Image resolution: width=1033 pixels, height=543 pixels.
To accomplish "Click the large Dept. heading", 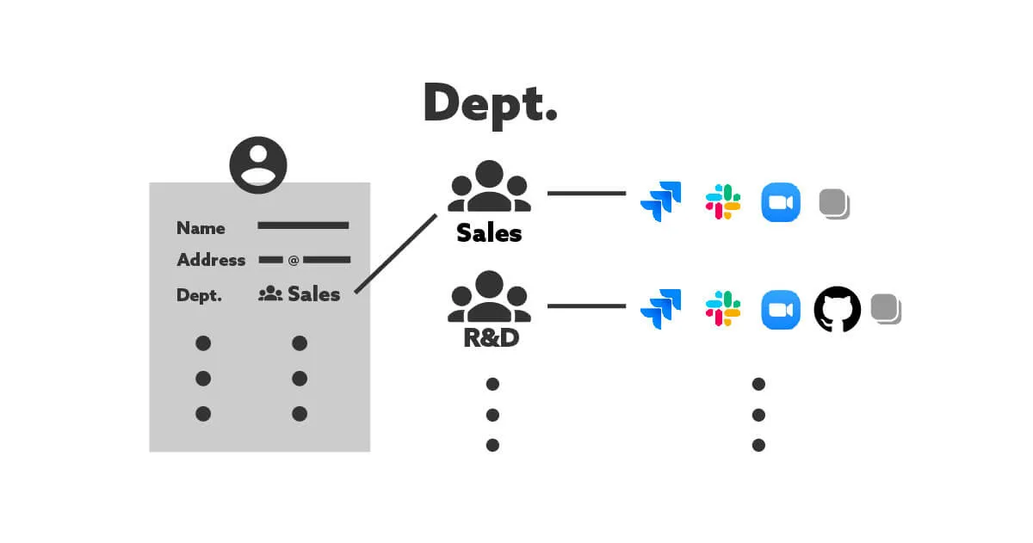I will tap(490, 103).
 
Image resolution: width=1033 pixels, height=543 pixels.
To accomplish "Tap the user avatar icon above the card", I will tap(258, 164).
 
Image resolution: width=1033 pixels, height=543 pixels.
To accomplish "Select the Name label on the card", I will tap(201, 228).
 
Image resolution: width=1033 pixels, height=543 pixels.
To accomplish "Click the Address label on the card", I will tap(211, 260).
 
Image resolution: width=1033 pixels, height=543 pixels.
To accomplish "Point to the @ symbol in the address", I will tap(294, 260).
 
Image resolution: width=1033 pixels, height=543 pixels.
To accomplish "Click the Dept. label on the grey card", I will tap(199, 295).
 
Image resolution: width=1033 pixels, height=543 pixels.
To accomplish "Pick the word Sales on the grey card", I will tap(314, 294).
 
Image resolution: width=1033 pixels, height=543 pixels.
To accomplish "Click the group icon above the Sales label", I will tap(489, 187).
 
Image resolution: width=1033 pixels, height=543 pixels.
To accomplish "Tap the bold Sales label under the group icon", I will tap(489, 232).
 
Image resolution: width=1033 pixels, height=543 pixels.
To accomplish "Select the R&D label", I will tap(491, 337).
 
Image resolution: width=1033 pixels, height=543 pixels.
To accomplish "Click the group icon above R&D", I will tap(489, 297).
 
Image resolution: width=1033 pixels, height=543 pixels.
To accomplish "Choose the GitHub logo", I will tap(837, 309).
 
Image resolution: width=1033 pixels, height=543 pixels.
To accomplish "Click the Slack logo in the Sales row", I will tap(723, 202).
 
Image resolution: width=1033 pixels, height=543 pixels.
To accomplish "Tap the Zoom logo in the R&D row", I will tap(781, 309).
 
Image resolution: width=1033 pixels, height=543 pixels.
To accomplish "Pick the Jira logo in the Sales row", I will tap(660, 202).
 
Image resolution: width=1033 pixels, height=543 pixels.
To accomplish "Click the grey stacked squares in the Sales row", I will tap(834, 204).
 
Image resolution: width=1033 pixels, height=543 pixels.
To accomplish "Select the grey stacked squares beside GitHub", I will tap(886, 309).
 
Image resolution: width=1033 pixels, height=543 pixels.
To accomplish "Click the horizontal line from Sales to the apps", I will tap(586, 194).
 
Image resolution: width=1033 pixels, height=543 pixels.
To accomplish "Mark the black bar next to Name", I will tap(303, 225).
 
